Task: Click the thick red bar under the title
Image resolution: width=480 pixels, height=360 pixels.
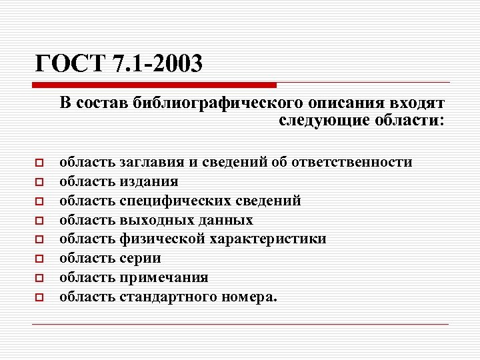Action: click(154, 85)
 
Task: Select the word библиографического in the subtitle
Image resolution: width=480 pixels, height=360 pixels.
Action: click(217, 103)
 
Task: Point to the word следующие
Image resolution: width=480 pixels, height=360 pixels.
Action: click(314, 121)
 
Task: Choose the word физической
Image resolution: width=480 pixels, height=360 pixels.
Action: click(159, 239)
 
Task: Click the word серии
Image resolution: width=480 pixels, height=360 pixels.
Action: click(140, 258)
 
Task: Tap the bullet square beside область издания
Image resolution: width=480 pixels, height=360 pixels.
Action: click(39, 182)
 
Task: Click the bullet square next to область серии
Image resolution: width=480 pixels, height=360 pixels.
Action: click(39, 259)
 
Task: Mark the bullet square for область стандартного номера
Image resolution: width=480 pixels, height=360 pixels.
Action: click(39, 297)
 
